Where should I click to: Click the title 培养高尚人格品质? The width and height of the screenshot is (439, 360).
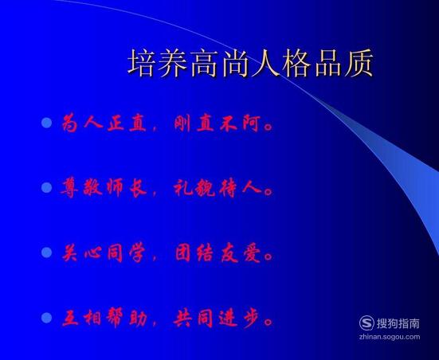point(251,63)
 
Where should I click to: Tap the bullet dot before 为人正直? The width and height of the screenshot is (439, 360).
point(47,123)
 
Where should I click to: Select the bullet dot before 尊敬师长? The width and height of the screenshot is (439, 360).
point(47,187)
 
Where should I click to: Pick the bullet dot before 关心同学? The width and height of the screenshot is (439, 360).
point(47,252)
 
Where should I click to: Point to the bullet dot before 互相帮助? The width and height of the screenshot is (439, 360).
point(47,318)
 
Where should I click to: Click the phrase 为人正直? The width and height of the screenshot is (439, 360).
point(104,123)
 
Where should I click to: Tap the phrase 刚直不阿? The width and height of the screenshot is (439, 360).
point(217,123)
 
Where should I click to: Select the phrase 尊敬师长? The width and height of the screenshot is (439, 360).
point(104,187)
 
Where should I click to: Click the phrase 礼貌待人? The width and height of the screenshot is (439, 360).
point(218,187)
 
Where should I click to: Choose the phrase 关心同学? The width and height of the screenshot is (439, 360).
point(104,253)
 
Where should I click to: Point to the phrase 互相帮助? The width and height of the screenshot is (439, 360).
point(104,318)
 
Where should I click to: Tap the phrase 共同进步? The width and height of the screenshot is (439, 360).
point(218,318)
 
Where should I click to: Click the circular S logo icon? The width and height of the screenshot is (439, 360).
point(366,323)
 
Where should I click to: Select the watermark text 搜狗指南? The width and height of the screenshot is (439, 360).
point(398,323)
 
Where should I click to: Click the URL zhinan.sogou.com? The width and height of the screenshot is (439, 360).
point(390,337)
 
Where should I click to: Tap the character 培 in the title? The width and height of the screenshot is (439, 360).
point(142,63)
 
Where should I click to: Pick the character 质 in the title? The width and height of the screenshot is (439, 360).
point(359,63)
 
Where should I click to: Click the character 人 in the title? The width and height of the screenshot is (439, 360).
point(265,63)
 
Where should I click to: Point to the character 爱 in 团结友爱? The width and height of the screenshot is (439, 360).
point(252,253)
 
